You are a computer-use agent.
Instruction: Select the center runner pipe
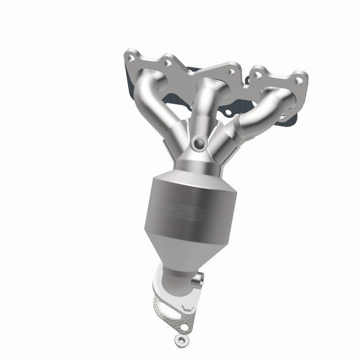(x=208, y=103)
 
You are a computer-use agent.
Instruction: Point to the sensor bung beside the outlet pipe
(x=198, y=283)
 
